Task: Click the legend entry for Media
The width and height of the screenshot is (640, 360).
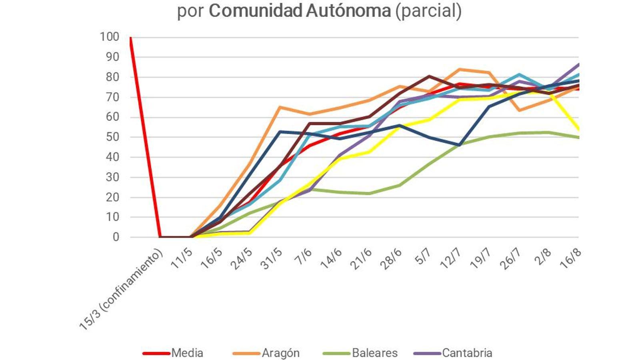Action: coord(187,353)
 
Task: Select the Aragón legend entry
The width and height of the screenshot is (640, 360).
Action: coord(280,353)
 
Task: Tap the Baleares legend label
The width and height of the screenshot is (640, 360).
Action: coord(374,353)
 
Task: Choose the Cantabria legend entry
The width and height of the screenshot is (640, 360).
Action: coord(467,353)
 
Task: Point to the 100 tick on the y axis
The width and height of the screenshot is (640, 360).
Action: coord(110,37)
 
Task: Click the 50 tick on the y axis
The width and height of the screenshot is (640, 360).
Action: coord(112,137)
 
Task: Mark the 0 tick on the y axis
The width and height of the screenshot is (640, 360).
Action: coord(116,237)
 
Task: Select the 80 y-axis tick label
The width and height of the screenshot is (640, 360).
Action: coord(112,77)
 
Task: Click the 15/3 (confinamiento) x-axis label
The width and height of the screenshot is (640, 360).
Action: coord(121,290)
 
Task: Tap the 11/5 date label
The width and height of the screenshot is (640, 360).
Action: coord(182,259)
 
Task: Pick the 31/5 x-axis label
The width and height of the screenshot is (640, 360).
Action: coord(272,259)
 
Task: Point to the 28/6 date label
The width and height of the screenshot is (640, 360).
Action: coord(392,259)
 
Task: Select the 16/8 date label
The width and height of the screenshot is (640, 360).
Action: coord(571,259)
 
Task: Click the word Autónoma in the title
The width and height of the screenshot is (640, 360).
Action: coord(348,11)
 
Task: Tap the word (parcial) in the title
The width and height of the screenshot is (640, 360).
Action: coord(428,11)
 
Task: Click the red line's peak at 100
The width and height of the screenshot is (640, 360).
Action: coord(130,38)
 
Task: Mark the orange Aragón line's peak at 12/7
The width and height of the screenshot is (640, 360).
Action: coord(459,70)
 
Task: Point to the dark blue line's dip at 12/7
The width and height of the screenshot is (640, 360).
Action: coord(460,145)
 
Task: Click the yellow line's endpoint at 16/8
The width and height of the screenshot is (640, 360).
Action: coord(578,130)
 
